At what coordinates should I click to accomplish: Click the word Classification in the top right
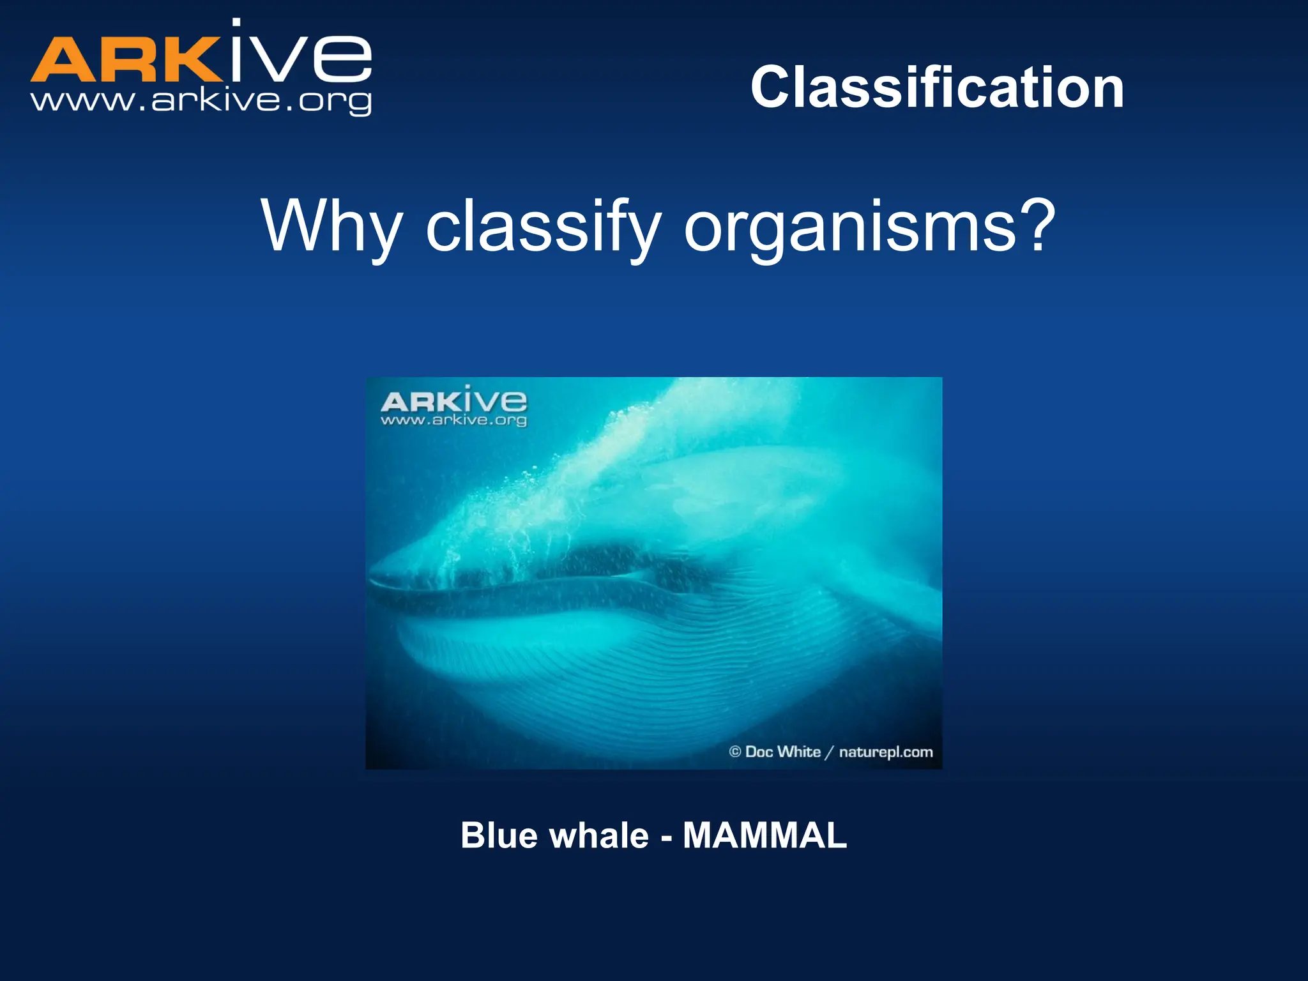(x=937, y=88)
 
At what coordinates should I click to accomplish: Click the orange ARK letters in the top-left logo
(x=125, y=60)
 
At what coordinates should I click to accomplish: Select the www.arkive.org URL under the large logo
(x=201, y=101)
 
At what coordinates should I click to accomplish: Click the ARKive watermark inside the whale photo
(x=453, y=401)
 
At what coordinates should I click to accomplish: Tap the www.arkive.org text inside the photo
(x=453, y=420)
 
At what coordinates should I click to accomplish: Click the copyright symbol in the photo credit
(x=734, y=752)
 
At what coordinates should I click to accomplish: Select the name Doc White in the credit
(x=783, y=752)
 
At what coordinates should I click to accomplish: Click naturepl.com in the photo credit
(x=886, y=752)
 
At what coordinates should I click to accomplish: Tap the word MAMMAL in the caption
(x=764, y=835)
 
